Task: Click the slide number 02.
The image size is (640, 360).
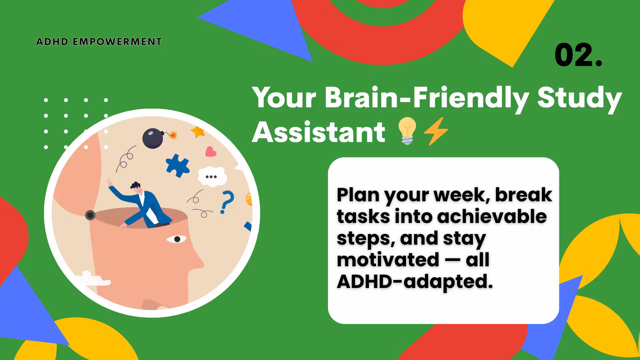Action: click(x=578, y=55)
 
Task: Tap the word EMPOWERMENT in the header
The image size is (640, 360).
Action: click(x=117, y=42)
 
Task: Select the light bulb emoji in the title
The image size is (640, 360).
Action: click(x=407, y=131)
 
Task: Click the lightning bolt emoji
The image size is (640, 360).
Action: click(x=436, y=131)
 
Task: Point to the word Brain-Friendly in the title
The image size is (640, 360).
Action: click(x=427, y=98)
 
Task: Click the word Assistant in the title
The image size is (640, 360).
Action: click(x=319, y=132)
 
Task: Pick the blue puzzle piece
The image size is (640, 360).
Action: click(x=177, y=165)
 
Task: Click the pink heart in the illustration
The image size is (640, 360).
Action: click(x=211, y=152)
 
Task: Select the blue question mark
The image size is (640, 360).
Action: click(x=227, y=202)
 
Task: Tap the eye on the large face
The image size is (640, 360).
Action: click(x=176, y=239)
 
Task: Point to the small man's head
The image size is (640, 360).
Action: click(x=136, y=187)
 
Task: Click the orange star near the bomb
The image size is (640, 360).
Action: click(x=198, y=132)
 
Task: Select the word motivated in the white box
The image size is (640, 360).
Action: click(x=388, y=260)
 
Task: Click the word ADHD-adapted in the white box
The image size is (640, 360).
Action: click(x=415, y=282)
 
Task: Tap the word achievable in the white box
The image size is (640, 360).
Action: click(x=492, y=217)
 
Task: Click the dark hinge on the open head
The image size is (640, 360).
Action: click(x=90, y=215)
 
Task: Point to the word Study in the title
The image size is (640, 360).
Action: click(x=579, y=99)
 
